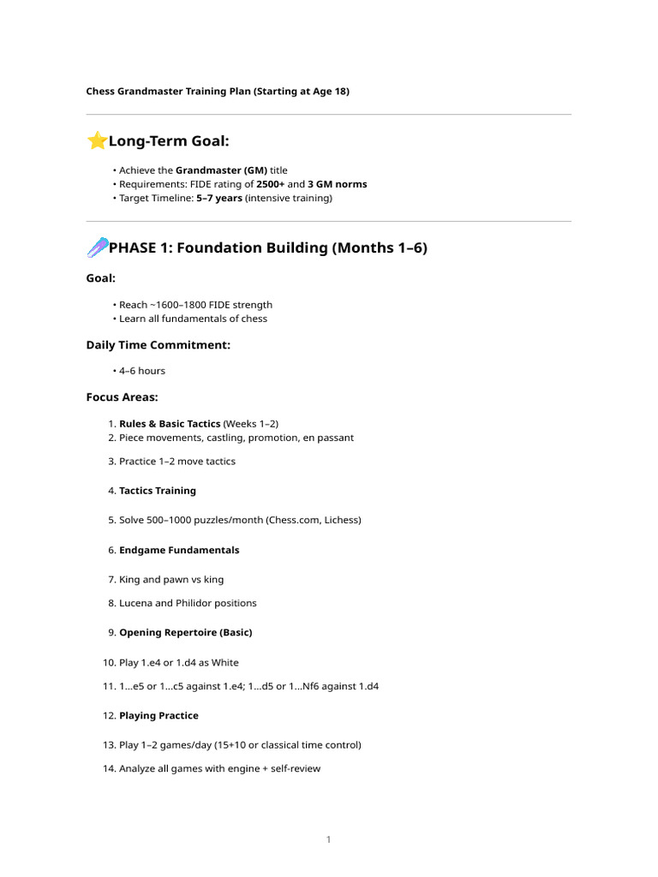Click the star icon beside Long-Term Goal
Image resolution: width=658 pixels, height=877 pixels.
[97, 140]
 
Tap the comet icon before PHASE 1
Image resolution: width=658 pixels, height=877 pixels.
[97, 248]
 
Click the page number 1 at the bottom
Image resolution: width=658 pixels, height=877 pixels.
[328, 840]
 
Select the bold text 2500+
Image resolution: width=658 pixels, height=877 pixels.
[270, 184]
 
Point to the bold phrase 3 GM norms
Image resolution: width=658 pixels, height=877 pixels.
[337, 184]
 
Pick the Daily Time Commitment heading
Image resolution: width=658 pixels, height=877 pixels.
[158, 345]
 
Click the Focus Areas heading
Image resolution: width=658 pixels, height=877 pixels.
[122, 397]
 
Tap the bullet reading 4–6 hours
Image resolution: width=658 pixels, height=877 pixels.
[142, 371]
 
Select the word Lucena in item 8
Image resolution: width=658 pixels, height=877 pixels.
[135, 603]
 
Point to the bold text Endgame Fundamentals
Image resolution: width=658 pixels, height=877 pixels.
[179, 550]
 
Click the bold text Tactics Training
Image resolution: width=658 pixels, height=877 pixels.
[158, 491]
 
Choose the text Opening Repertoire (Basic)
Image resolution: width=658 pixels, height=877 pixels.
[185, 633]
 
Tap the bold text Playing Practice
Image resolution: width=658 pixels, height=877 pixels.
[159, 716]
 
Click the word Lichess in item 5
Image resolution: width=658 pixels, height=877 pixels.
[342, 520]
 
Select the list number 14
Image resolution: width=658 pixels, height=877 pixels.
[108, 769]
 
